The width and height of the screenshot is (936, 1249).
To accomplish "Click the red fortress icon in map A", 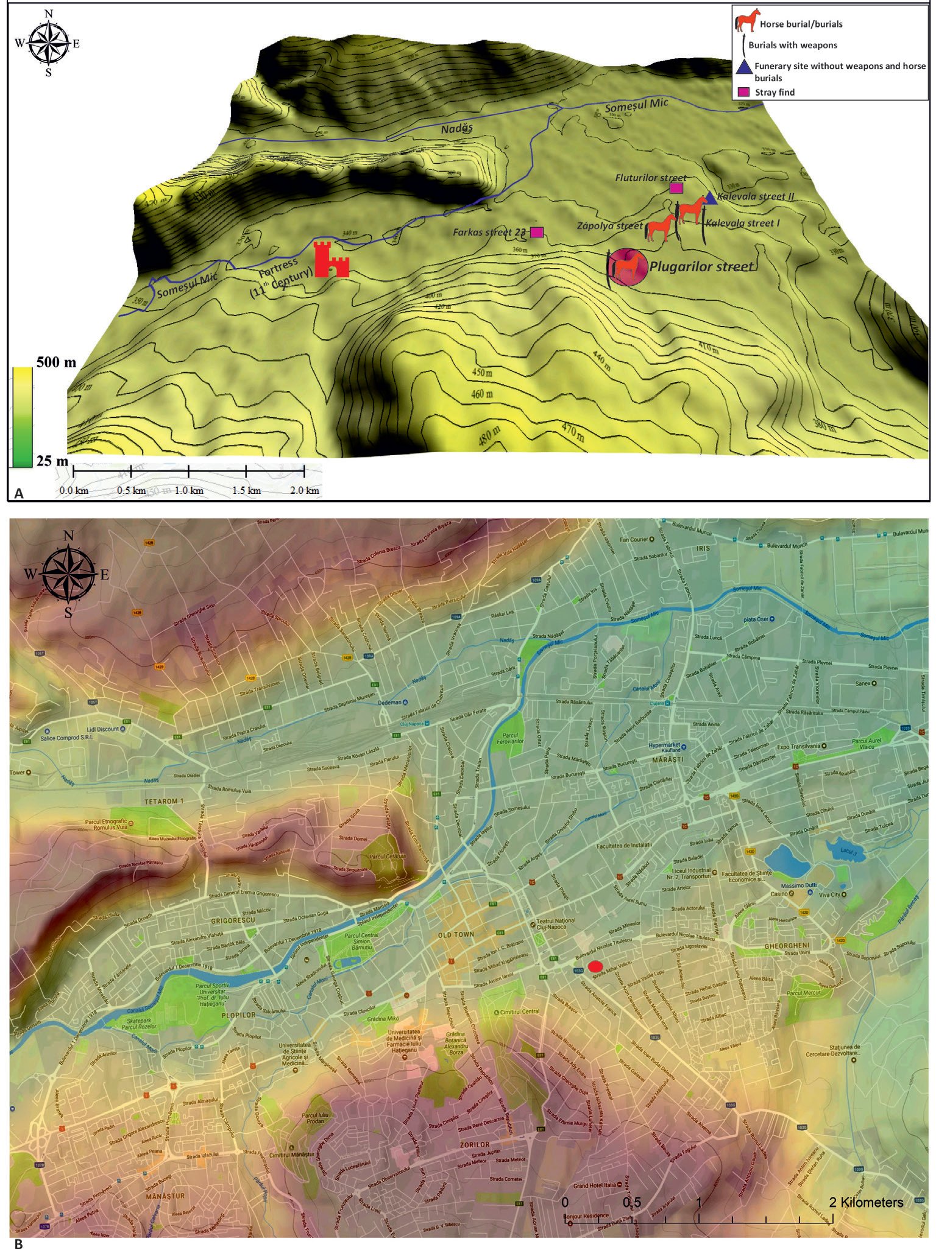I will [331, 260].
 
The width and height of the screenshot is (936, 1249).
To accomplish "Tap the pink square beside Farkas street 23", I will [536, 232].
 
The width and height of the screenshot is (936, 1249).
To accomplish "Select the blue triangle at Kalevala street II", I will [710, 198].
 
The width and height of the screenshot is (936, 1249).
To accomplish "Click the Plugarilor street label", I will [701, 266].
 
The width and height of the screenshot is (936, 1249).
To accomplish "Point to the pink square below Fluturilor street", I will [675, 188].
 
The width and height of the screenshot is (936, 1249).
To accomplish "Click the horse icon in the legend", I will [746, 21].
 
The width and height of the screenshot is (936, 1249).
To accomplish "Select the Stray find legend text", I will [775, 93].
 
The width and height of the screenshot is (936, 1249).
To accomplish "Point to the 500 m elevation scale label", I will [56, 363].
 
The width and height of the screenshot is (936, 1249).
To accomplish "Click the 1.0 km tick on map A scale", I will [189, 490].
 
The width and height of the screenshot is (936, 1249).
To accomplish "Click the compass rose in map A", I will [48, 43].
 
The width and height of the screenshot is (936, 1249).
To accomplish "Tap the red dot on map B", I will [596, 966].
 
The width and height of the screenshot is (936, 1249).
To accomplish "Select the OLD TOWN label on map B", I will [456, 934].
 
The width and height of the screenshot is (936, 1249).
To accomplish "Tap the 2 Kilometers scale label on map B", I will [865, 1202].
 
